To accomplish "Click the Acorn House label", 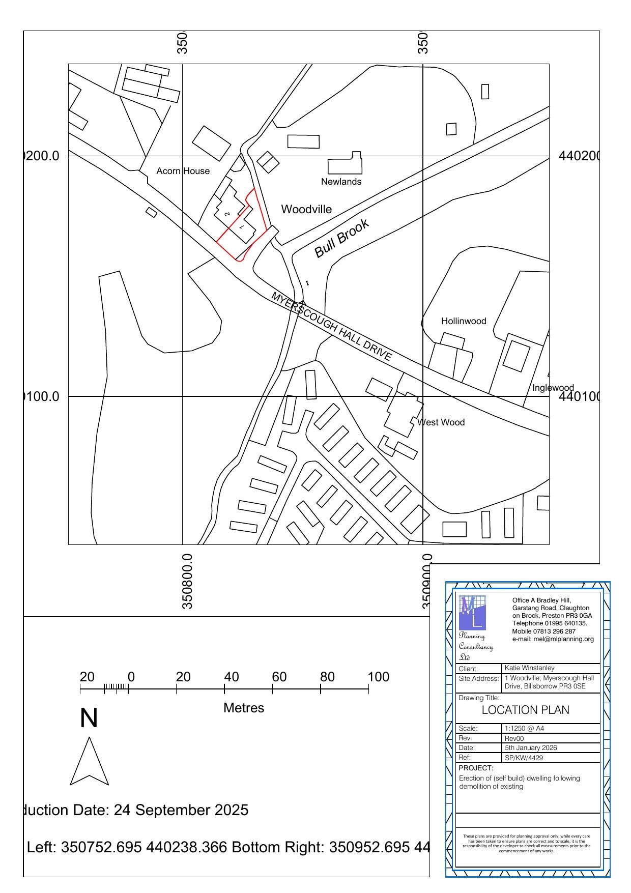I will coord(183,171).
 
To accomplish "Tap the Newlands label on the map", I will coord(341,182).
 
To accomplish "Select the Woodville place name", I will coord(306,209).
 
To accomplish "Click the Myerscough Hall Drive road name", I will coord(332,326).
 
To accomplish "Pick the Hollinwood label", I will coord(464,321).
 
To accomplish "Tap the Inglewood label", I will coord(553,388).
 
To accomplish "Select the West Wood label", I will coord(441,422).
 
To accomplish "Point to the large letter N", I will coord(89,718).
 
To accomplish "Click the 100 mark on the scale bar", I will coord(378,677).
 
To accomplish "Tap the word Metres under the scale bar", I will coord(244,708).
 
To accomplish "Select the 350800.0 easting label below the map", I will coord(187,582).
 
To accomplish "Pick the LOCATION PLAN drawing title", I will coord(525,710).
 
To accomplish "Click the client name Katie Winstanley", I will coord(529,668).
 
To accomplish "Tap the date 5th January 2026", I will coord(531,748).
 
